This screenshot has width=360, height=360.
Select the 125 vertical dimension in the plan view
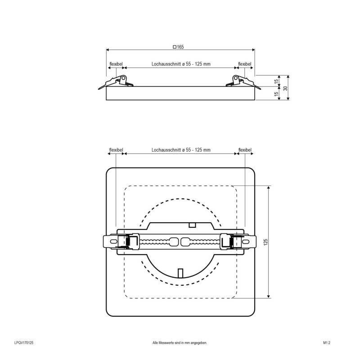(265, 242)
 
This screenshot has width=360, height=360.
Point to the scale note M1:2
(327, 343)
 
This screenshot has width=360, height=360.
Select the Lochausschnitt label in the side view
(181, 64)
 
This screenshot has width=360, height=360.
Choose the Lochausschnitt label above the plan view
(181, 150)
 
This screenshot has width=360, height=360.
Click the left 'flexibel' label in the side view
(116, 64)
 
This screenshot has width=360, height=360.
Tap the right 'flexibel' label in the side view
(245, 64)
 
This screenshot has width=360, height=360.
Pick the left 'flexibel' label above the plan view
(116, 150)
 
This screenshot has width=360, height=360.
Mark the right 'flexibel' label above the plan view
(245, 150)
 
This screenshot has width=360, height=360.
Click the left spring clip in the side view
(118, 81)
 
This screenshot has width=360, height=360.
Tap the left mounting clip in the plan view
(119, 242)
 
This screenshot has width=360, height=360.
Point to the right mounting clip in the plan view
(237, 242)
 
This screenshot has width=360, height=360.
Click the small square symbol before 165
(175, 47)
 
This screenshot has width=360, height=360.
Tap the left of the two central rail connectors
(174, 242)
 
